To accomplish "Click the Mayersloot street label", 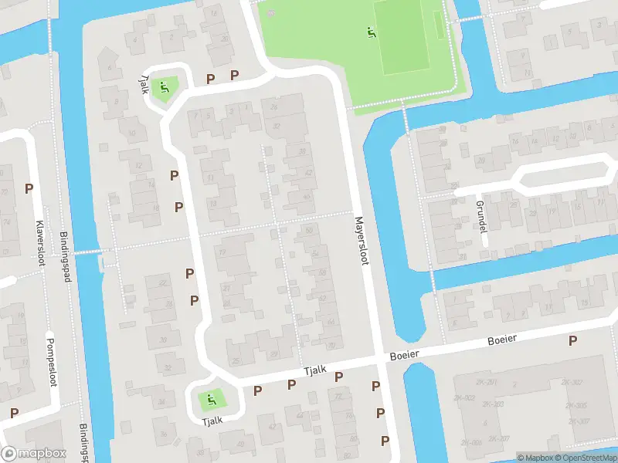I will click(360, 240).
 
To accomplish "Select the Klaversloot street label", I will click(39, 238).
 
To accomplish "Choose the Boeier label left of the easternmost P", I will click(501, 340).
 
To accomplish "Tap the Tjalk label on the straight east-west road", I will click(315, 371).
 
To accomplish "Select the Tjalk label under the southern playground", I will click(212, 421).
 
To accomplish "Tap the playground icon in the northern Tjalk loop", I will click(163, 86).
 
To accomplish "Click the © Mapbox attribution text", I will click(535, 458).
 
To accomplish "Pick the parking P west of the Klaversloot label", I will click(29, 188).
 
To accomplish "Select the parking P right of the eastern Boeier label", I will click(572, 340).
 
